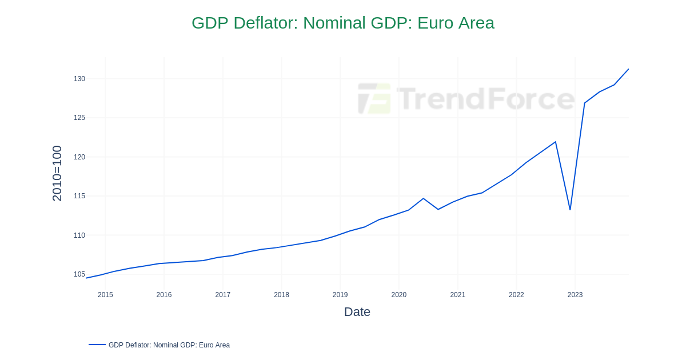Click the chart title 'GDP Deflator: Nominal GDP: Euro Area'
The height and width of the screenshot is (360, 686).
342,23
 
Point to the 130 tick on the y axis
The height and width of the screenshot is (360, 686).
79,79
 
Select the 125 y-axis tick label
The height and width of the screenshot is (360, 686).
79,118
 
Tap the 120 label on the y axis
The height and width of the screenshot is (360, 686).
79,157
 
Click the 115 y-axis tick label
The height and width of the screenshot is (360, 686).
79,196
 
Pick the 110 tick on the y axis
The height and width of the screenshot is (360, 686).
79,235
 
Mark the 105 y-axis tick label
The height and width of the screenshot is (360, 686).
79,274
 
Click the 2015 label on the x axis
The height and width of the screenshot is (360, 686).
105,295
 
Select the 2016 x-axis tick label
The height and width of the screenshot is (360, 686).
164,295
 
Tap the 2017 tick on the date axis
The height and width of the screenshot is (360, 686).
223,295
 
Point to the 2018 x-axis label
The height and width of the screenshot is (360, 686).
281,295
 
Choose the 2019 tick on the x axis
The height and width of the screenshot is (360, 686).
340,295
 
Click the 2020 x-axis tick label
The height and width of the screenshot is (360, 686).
399,295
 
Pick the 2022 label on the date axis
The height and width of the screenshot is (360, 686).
516,295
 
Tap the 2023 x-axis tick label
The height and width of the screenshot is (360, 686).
575,295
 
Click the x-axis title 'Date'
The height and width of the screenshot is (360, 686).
357,312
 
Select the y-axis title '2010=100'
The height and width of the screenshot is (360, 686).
57,173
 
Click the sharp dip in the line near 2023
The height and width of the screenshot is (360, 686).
570,210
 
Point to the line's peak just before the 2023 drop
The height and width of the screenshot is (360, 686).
555,142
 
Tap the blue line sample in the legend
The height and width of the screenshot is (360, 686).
97,345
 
